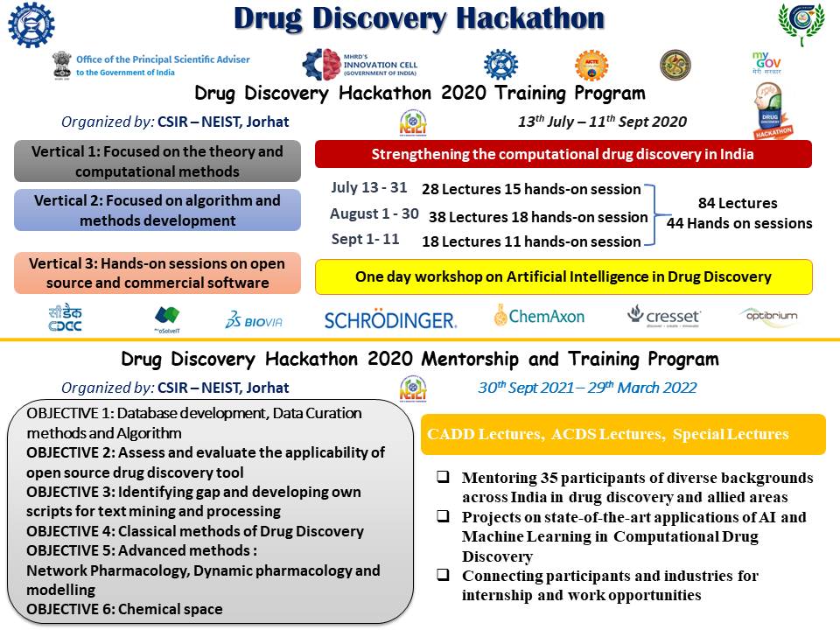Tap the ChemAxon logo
click(539, 316)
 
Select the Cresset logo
click(664, 316)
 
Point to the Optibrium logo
click(767, 315)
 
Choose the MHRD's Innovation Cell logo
click(360, 65)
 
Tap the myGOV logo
click(766, 64)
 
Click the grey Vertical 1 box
click(157, 162)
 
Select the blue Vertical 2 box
click(157, 210)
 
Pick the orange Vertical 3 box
click(157, 272)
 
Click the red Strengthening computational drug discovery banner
click(563, 154)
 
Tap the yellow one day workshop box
click(563, 276)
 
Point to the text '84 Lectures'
click(738, 204)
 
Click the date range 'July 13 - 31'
click(370, 187)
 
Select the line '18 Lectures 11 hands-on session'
click(531, 241)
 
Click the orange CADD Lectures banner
click(623, 434)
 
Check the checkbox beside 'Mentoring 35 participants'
click(444, 478)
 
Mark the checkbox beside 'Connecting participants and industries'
click(444, 576)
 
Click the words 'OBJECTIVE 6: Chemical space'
click(124, 609)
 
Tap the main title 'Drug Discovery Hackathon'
click(419, 17)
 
